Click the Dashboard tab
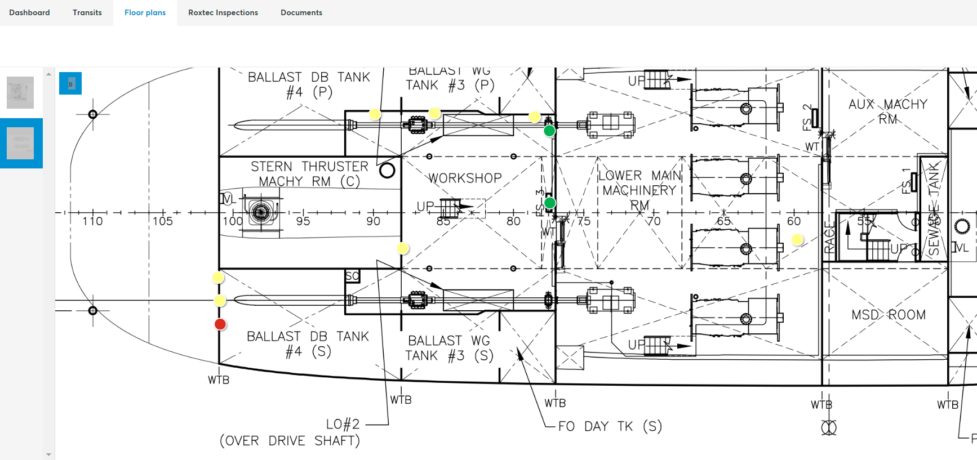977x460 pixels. click(29, 12)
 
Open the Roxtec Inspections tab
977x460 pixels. click(223, 12)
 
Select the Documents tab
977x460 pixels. click(301, 12)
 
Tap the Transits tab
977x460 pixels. click(87, 12)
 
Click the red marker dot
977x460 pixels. click(220, 324)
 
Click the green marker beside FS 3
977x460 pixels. click(550, 203)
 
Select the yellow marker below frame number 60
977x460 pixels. click(797, 240)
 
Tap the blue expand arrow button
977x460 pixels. click(70, 84)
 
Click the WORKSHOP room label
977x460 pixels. click(465, 178)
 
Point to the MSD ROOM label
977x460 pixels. click(888, 315)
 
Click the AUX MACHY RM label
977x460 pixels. click(887, 111)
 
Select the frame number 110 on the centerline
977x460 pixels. click(92, 221)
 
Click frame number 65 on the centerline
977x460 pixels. click(723, 221)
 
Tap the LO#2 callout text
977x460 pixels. click(343, 424)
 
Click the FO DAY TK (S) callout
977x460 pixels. click(610, 426)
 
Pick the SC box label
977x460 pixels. click(352, 276)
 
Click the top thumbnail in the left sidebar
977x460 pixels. click(20, 92)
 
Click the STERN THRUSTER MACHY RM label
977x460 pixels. click(309, 174)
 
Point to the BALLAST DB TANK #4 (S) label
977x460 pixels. click(308, 344)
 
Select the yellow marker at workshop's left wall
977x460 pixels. click(402, 248)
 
